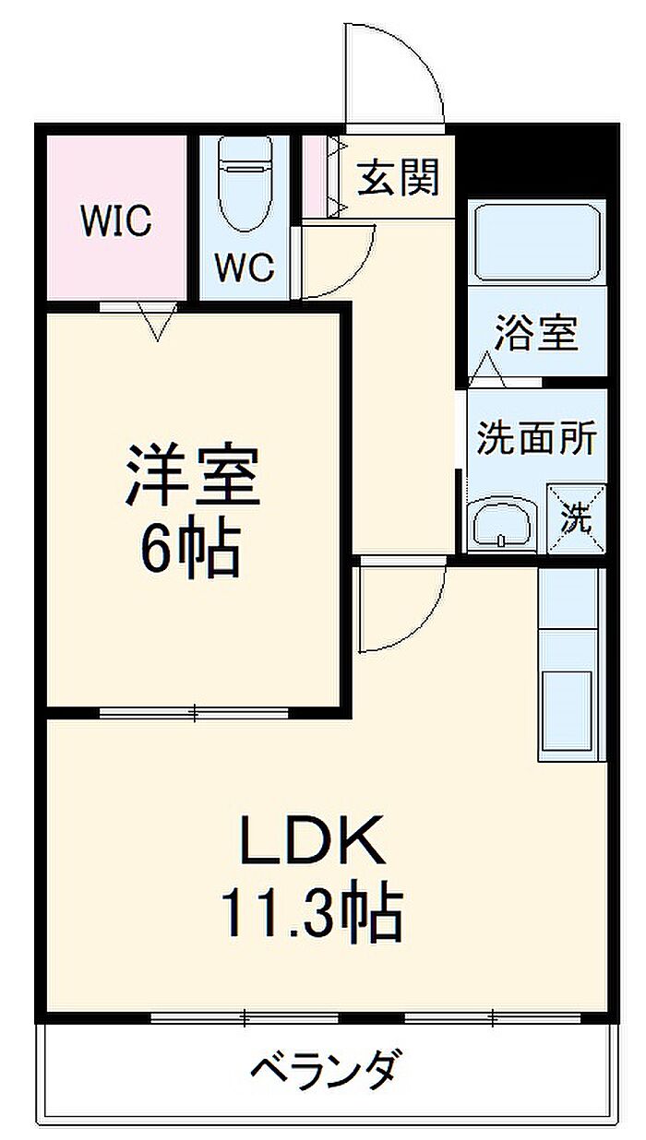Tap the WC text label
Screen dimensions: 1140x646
[x=245, y=267]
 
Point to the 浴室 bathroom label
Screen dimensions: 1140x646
[x=536, y=334]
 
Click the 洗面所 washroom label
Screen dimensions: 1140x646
[x=536, y=437]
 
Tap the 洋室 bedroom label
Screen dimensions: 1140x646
[x=194, y=476]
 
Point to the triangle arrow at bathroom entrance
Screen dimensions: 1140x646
[x=486, y=369]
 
